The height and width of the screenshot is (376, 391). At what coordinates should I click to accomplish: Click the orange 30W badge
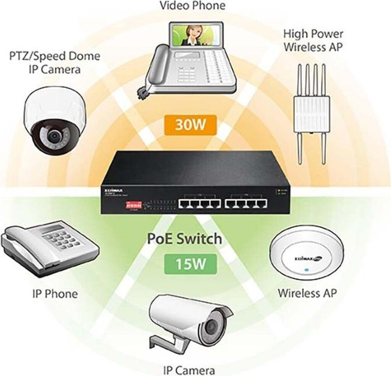click(190, 125)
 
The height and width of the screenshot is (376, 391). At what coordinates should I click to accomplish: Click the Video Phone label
click(192, 6)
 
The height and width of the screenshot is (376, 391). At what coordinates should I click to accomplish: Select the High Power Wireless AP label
click(313, 40)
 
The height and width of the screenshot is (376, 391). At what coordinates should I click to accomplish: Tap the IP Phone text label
click(55, 294)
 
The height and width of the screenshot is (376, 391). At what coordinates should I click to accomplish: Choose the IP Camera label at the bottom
click(189, 370)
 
